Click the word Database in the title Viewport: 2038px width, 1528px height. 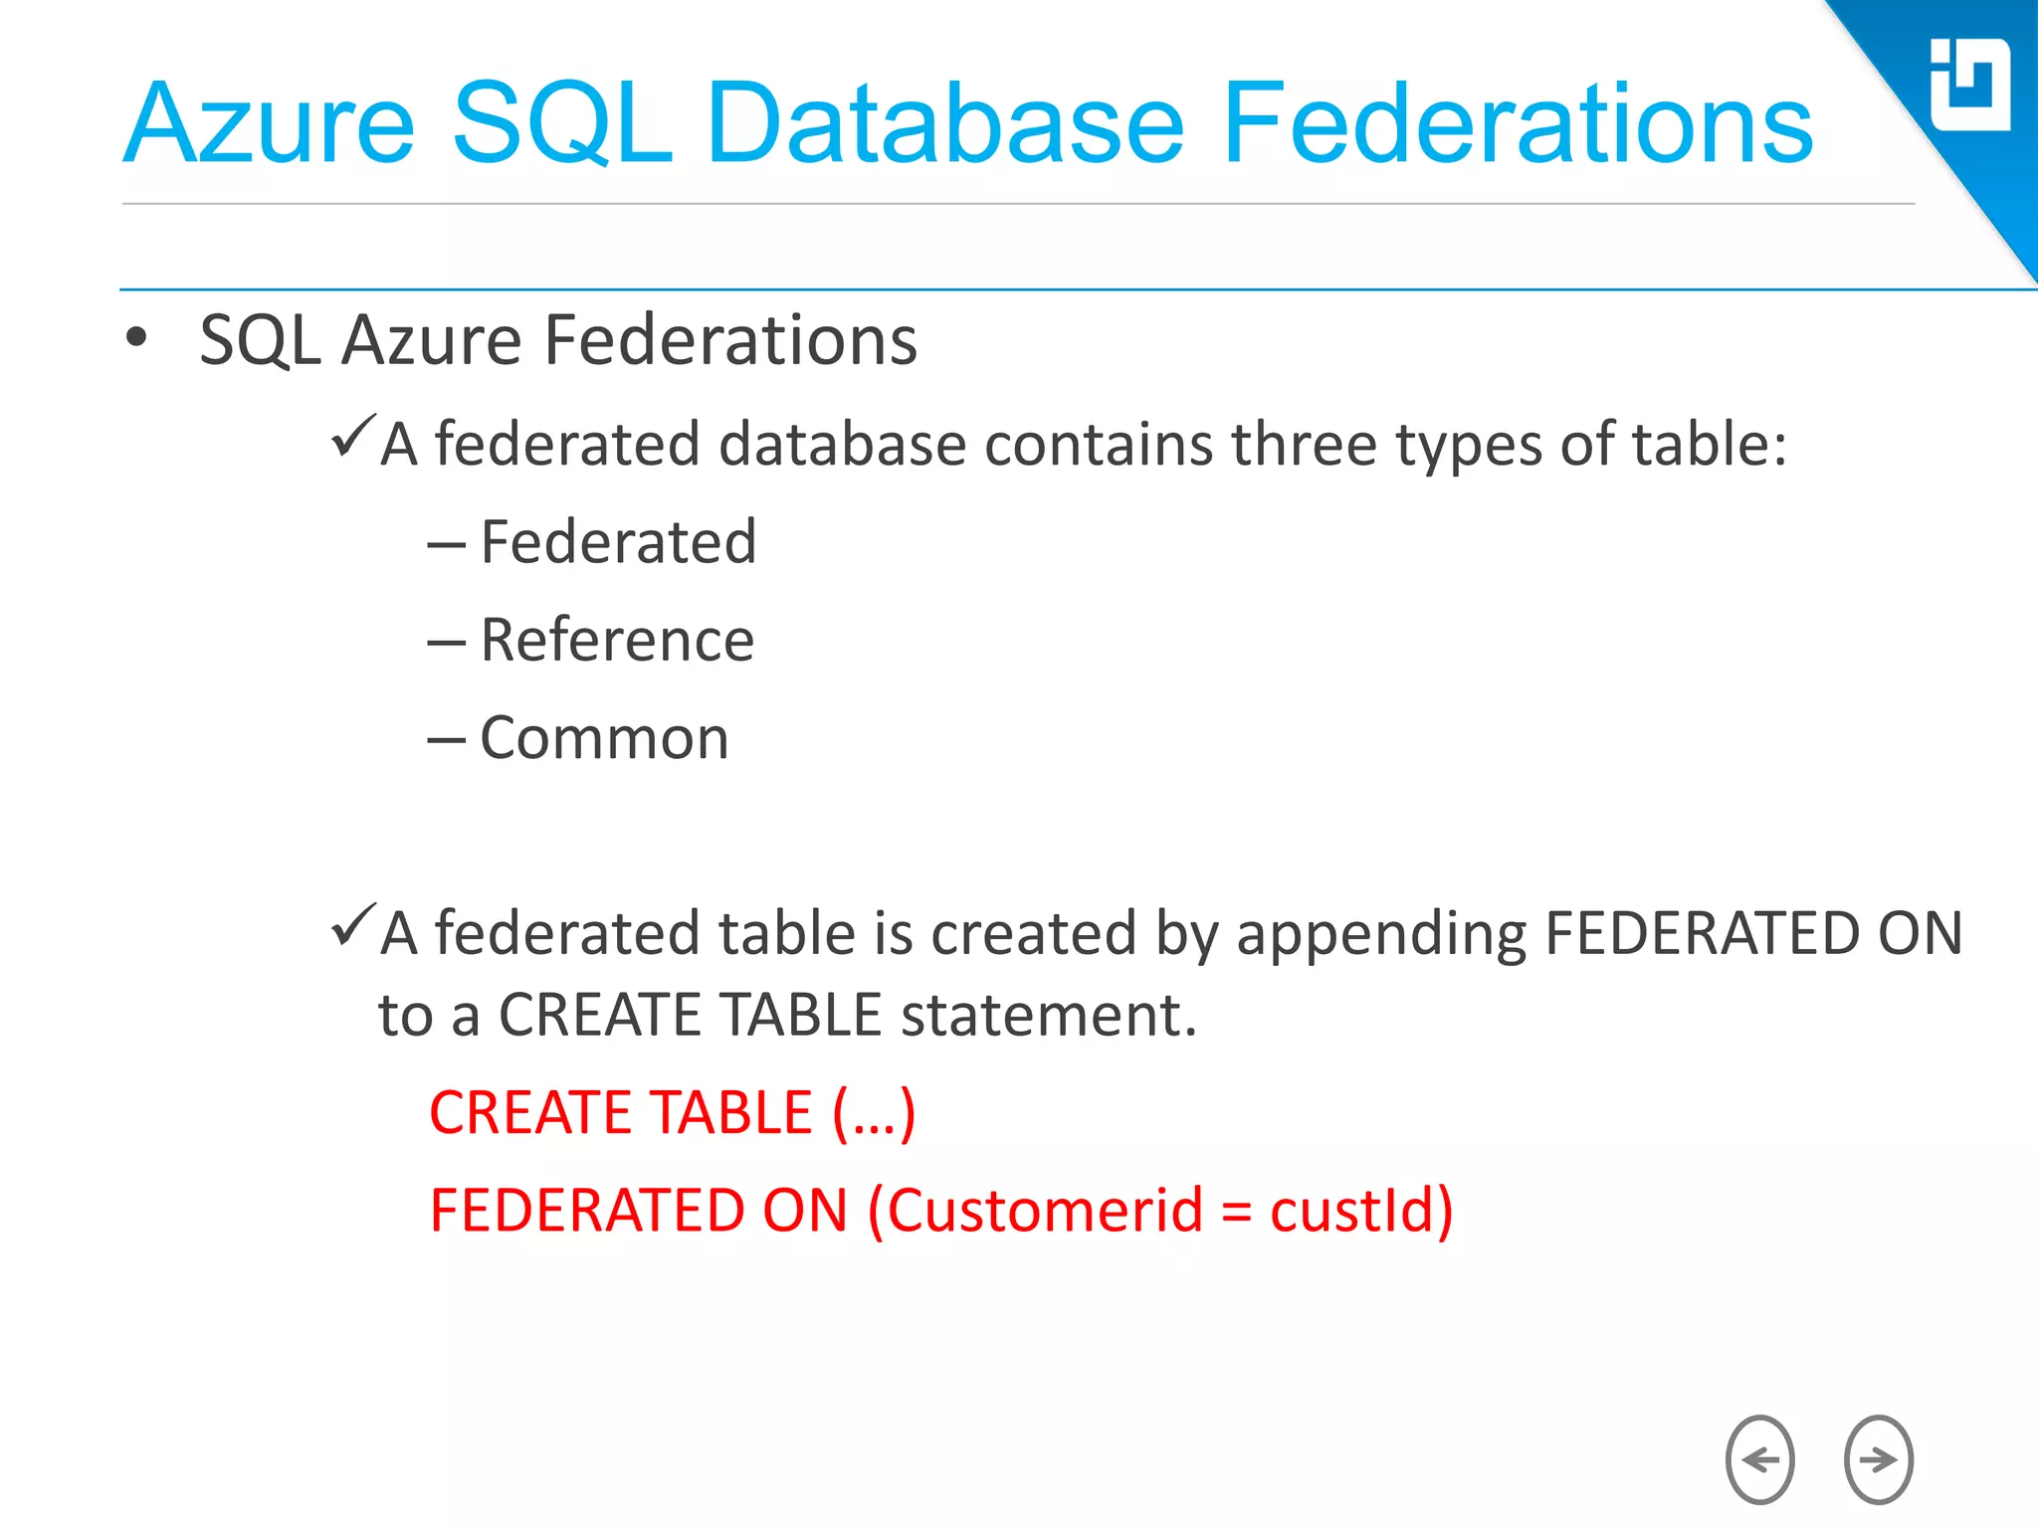(945, 124)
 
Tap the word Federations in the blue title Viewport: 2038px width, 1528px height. (1517, 124)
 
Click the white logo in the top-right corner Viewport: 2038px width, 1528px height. (1969, 86)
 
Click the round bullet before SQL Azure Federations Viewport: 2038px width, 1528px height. (136, 338)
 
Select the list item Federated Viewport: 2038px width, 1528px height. (618, 542)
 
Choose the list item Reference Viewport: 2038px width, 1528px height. (617, 640)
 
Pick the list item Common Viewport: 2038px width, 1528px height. (604, 738)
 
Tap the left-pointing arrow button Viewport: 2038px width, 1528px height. (1759, 1459)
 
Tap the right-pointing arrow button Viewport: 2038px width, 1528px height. (1878, 1459)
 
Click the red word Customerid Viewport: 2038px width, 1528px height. (1044, 1211)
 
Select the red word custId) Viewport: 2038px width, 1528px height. (1360, 1211)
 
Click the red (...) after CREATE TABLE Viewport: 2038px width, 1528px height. (873, 1113)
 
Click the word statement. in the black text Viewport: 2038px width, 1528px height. (1049, 1016)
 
